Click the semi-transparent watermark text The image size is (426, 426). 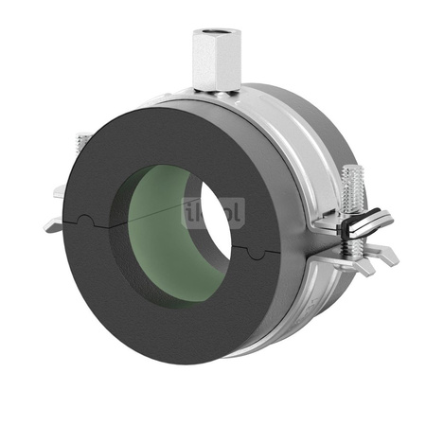214,214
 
